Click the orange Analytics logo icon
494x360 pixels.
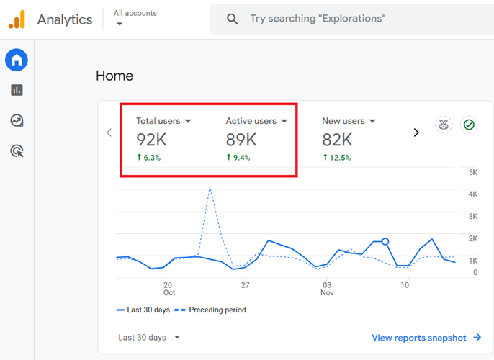pyautogui.click(x=17, y=19)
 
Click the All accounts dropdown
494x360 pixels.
pyautogui.click(x=135, y=18)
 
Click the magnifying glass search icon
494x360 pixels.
pyautogui.click(x=232, y=19)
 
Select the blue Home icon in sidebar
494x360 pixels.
pyautogui.click(x=17, y=60)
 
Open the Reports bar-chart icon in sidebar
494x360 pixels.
pyautogui.click(x=17, y=90)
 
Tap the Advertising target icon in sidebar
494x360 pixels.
pyautogui.click(x=17, y=150)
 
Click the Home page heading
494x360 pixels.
pyautogui.click(x=114, y=76)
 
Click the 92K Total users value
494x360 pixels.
pyautogui.click(x=152, y=140)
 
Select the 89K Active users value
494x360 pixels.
pyautogui.click(x=241, y=140)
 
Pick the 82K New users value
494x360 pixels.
pyautogui.click(x=337, y=140)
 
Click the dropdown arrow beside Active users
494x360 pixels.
pyautogui.click(x=284, y=122)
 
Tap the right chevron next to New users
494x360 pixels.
pyautogui.click(x=416, y=132)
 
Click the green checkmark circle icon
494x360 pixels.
pyautogui.click(x=469, y=125)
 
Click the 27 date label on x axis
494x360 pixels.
pyautogui.click(x=245, y=285)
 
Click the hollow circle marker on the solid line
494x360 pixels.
pyautogui.click(x=385, y=242)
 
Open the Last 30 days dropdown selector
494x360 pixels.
pyautogui.click(x=149, y=338)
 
